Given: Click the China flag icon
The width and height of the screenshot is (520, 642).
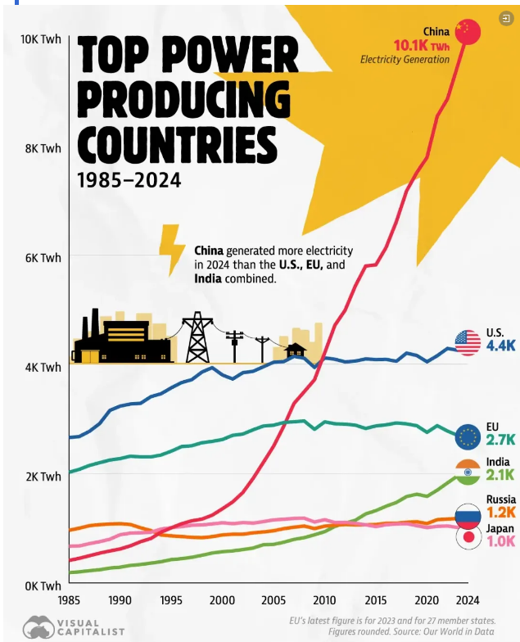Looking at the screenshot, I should (467, 31).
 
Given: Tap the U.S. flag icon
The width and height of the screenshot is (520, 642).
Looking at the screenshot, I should (468, 342).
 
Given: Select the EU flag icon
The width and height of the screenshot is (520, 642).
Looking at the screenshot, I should (468, 436).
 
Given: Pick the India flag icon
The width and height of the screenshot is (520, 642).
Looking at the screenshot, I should (468, 472).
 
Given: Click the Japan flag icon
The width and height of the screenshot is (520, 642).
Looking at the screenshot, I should (468, 537).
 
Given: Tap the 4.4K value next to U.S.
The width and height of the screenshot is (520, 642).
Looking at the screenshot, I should (500, 346).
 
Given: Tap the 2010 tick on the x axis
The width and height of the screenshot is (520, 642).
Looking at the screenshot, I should (325, 599).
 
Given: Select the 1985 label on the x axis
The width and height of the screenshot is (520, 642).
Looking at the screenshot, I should (70, 599).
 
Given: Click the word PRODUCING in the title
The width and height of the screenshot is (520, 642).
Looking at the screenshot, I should (183, 102).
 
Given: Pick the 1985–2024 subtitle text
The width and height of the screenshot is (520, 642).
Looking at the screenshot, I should (129, 179).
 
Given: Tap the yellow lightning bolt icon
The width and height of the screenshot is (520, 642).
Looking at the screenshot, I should (172, 249).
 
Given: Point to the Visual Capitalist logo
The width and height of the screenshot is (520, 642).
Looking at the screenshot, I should (74, 627).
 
